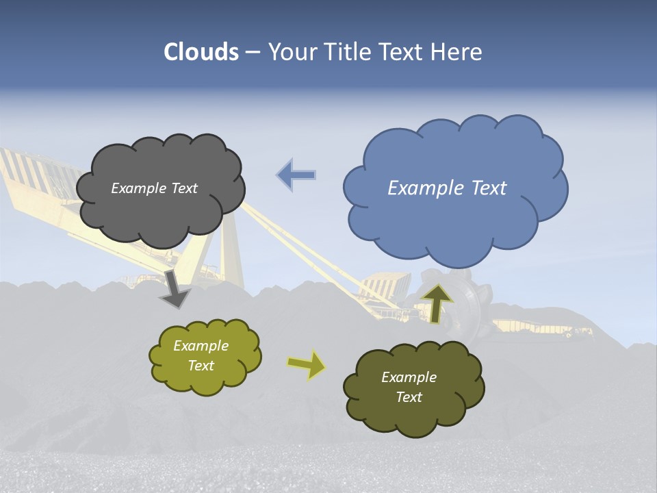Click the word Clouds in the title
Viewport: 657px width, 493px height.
pos(201,52)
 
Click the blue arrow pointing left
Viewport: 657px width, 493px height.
pos(296,175)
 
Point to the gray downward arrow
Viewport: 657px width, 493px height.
pos(175,288)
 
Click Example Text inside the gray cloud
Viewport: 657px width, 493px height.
pos(154,188)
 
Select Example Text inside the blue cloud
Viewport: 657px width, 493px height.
pos(447,188)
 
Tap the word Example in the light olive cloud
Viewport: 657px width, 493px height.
pos(201,346)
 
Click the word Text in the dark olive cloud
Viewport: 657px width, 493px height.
pos(409,397)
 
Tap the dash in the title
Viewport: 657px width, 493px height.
pos(253,53)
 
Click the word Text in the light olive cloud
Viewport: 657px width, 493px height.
pos(201,366)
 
